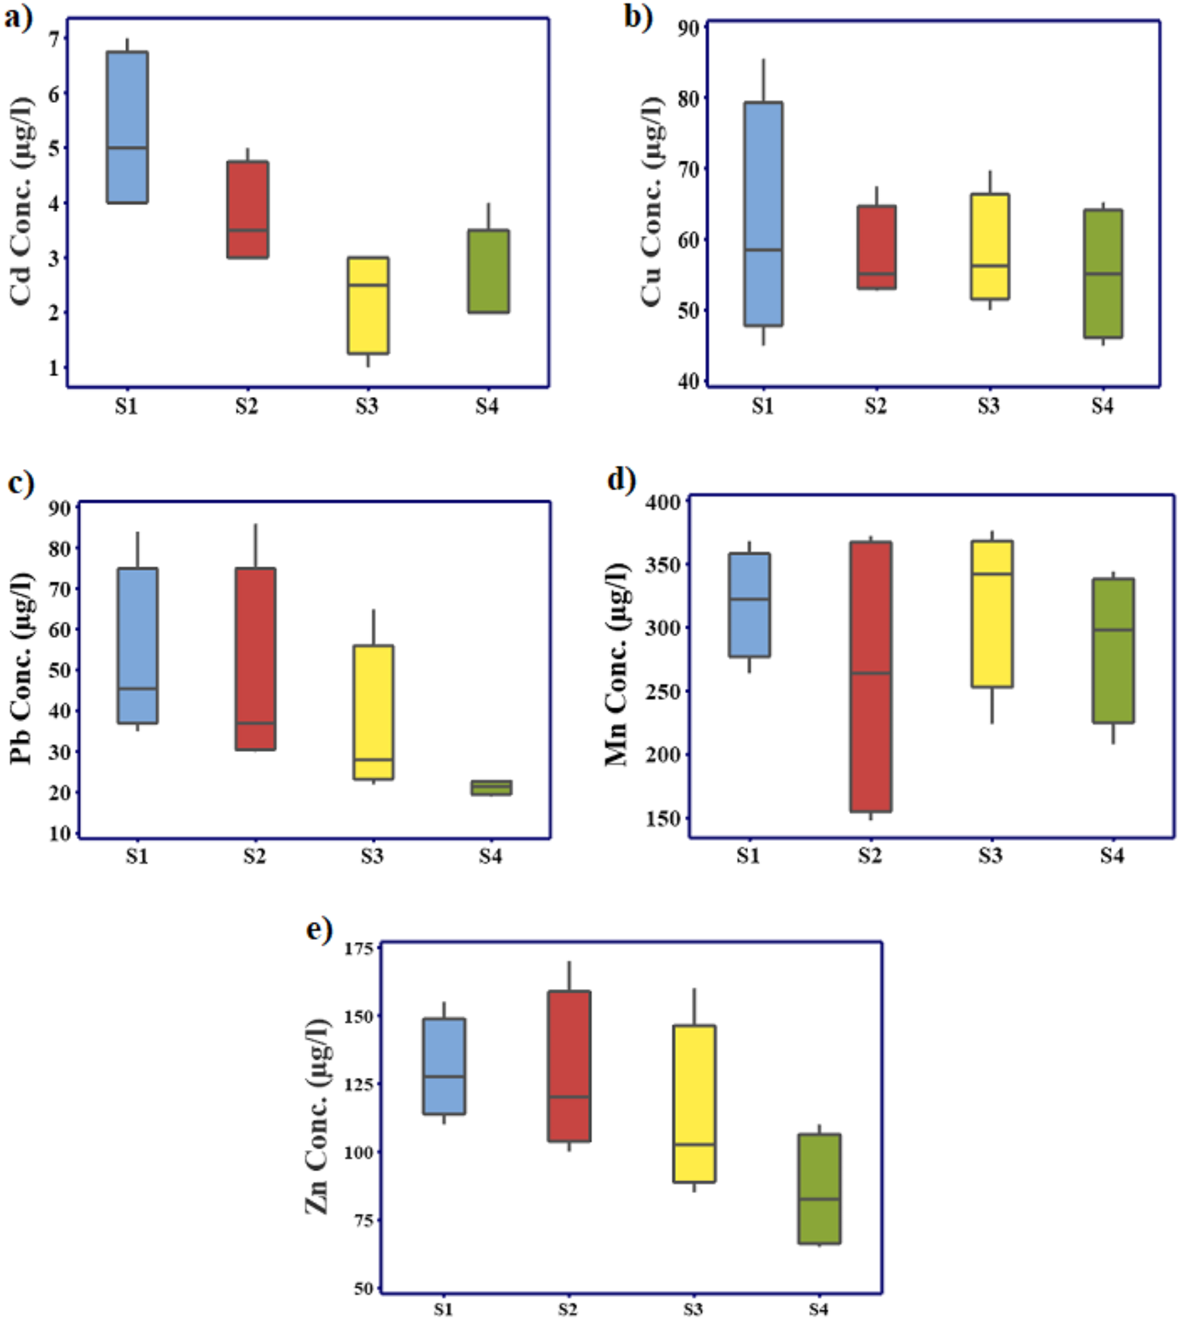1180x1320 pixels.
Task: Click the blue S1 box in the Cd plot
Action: click(x=127, y=126)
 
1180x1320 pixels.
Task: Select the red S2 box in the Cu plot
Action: click(x=877, y=247)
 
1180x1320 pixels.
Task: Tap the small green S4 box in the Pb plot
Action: click(x=491, y=787)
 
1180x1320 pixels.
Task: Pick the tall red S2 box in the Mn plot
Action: click(x=871, y=677)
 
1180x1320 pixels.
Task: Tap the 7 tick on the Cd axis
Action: click(x=53, y=39)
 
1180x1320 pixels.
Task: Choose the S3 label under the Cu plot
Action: click(x=989, y=407)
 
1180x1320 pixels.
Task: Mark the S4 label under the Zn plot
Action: click(x=818, y=1309)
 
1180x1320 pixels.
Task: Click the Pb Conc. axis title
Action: click(x=21, y=668)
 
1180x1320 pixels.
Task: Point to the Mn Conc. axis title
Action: click(x=616, y=665)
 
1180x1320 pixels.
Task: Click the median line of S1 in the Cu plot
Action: click(x=763, y=250)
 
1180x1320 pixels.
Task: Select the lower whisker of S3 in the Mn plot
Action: click(x=992, y=705)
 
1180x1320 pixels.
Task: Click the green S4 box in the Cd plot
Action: click(x=489, y=271)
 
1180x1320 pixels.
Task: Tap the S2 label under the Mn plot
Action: click(x=870, y=856)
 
